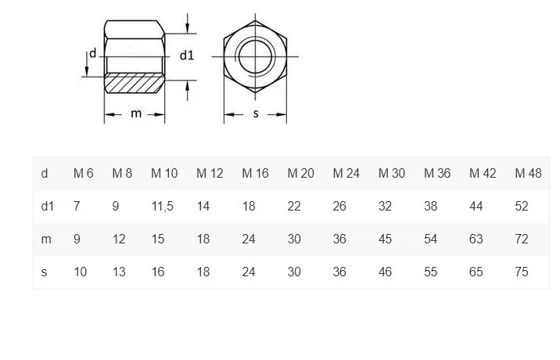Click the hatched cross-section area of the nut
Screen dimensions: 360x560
(x=134, y=84)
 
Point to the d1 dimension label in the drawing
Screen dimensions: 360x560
(x=187, y=55)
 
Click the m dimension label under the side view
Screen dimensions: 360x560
(x=136, y=113)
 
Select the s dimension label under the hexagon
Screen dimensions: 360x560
(x=255, y=114)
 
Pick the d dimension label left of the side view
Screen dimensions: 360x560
(x=92, y=53)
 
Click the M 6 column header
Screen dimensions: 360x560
(x=84, y=173)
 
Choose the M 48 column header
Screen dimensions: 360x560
(x=528, y=173)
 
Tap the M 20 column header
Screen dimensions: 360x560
(x=300, y=173)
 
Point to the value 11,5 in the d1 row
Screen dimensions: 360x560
(x=163, y=206)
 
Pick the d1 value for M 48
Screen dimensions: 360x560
(x=522, y=206)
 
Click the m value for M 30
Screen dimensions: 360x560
(x=386, y=239)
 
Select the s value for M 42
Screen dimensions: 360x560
(x=476, y=272)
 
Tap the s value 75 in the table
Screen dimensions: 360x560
(x=522, y=272)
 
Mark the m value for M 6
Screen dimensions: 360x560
(x=77, y=239)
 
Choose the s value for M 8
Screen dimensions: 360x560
(x=119, y=272)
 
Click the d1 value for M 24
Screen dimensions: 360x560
(x=340, y=206)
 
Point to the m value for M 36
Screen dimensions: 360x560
(x=431, y=239)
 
